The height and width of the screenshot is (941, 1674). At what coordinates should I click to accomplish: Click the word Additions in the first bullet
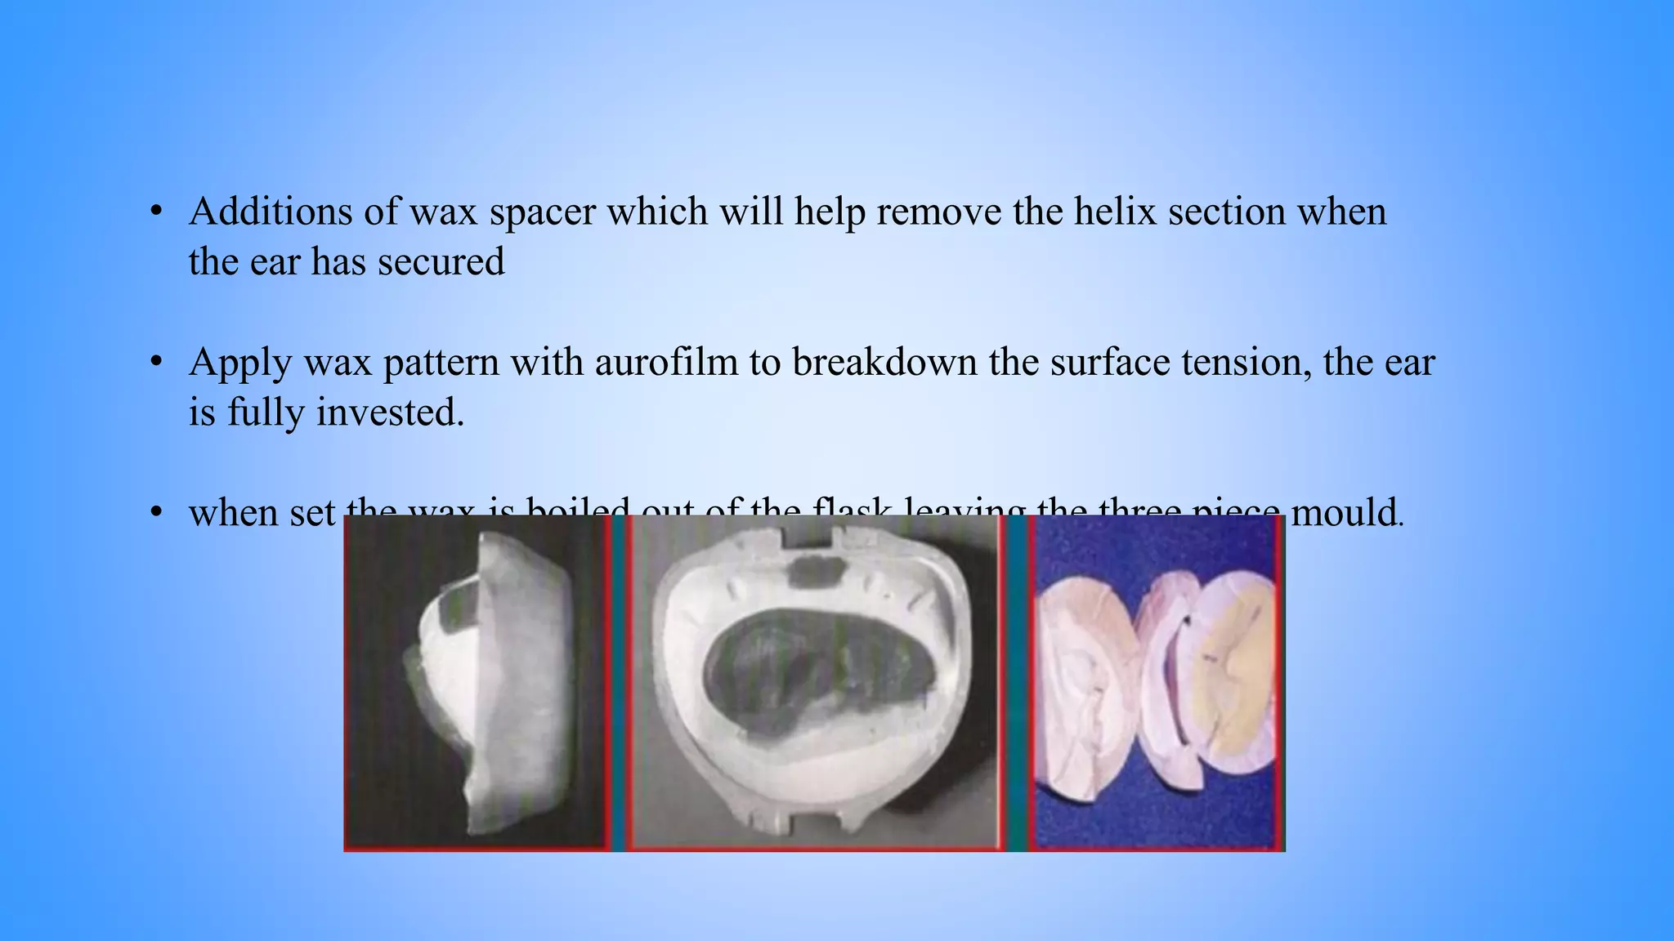[271, 212]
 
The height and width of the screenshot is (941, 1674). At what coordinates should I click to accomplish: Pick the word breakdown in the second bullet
[884, 362]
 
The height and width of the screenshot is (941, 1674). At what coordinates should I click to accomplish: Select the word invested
[389, 412]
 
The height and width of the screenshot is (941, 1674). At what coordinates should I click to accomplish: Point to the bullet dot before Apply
[157, 362]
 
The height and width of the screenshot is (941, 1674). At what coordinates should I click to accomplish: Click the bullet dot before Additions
[157, 212]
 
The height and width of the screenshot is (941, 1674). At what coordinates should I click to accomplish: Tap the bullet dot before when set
[157, 513]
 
